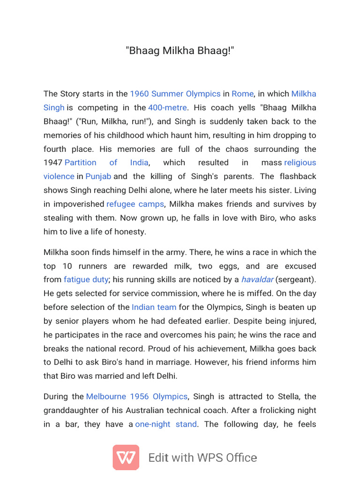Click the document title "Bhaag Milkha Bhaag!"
tap(180, 50)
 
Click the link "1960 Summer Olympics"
tap(175, 94)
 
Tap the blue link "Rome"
tap(242, 94)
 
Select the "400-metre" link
tap(167, 107)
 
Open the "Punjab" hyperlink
tap(98, 176)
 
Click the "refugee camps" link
tap(135, 204)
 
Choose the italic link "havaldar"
tap(257, 280)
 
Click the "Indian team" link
tap(154, 307)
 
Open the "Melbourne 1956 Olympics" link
tap(136, 397)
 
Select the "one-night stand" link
tap(166, 424)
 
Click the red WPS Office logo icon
tap(126, 457)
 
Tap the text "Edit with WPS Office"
tap(202, 458)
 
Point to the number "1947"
tap(52, 163)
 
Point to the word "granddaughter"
tap(71, 410)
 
